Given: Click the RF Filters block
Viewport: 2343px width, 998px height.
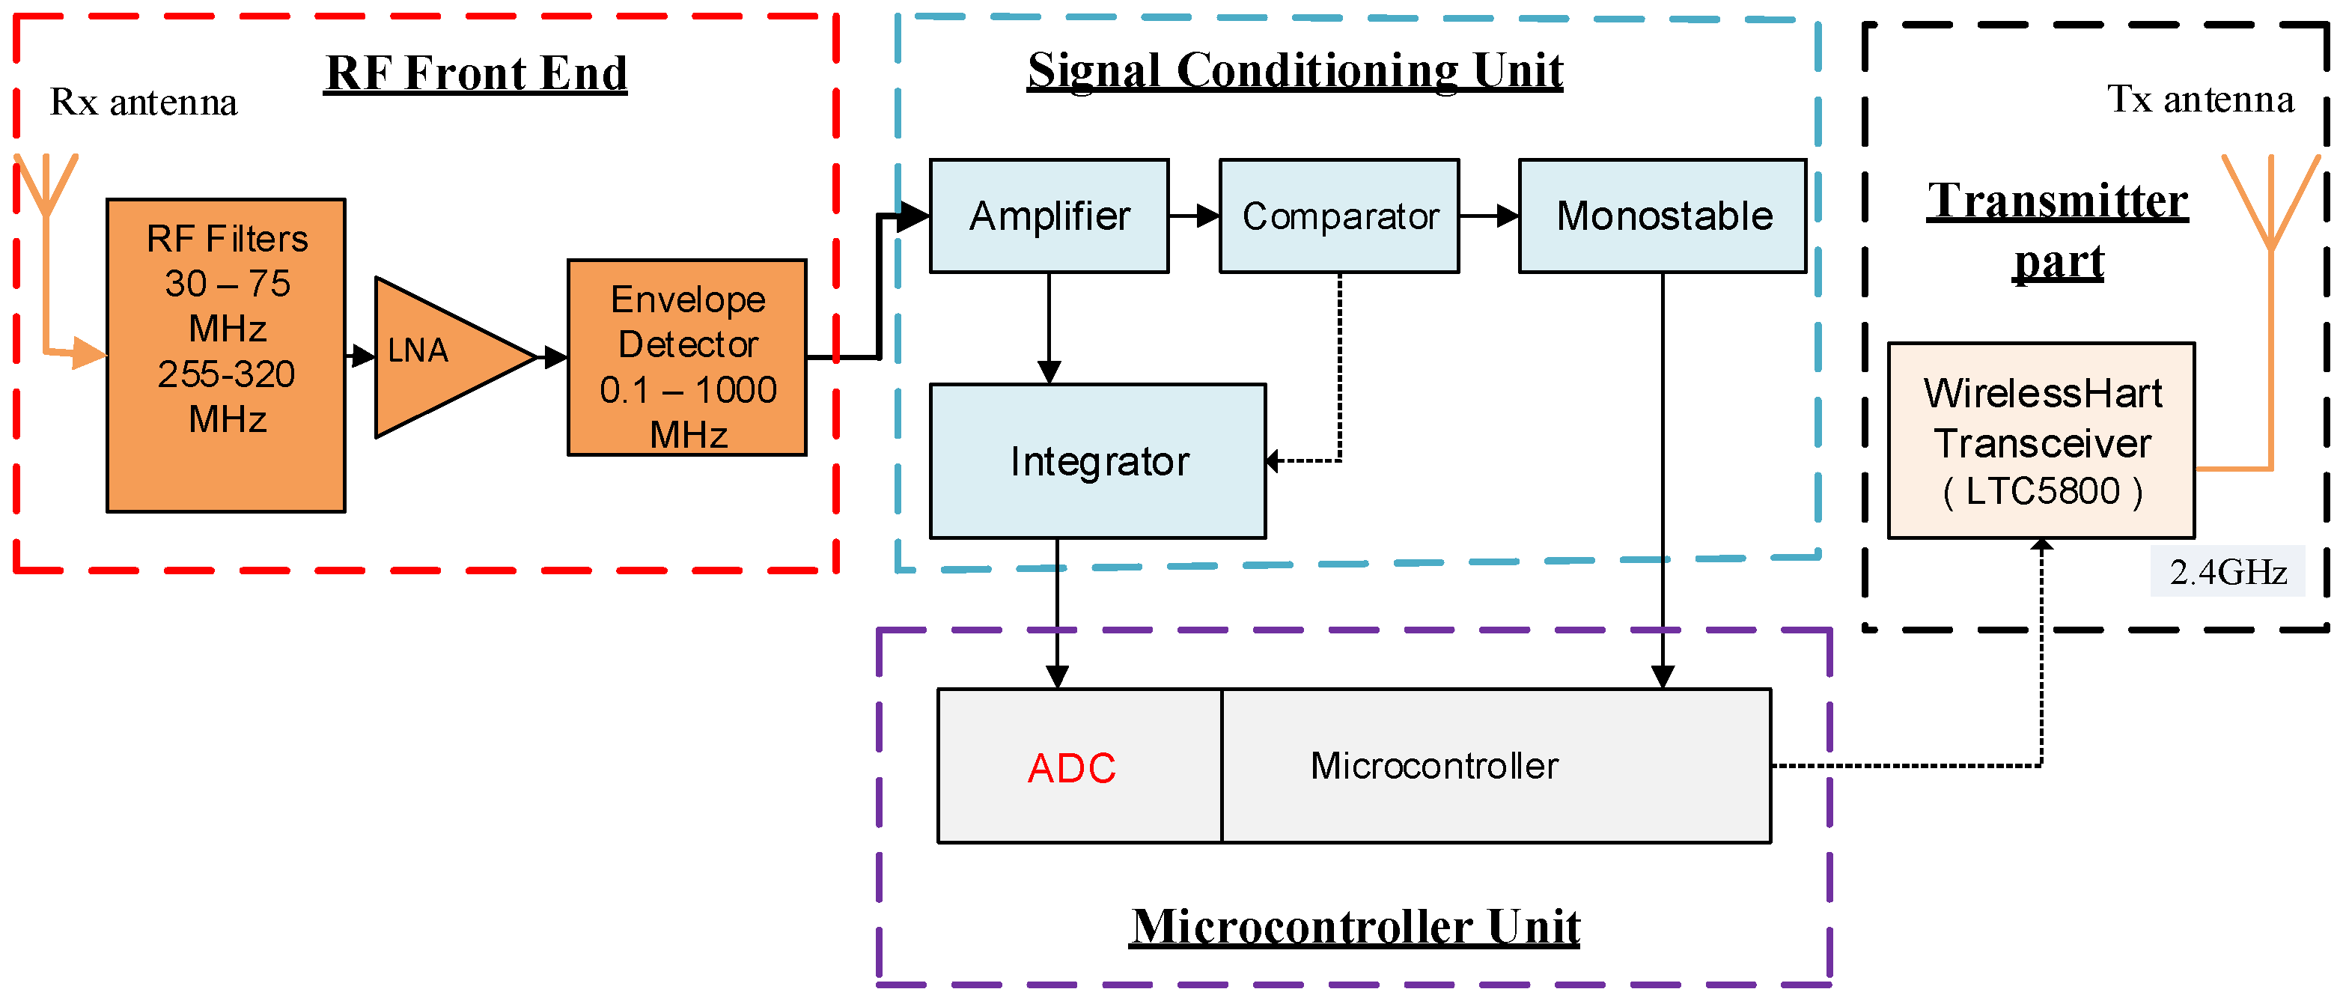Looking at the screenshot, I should (225, 355).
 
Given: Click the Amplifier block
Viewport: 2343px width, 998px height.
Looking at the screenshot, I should (1049, 216).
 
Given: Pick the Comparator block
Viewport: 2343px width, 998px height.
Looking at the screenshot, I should (1339, 216).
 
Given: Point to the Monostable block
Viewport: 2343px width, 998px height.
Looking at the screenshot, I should (1662, 216).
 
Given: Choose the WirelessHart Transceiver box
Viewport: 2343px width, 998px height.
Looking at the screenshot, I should (2041, 441).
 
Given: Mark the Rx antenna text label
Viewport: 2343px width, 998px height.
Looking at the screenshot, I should (143, 102).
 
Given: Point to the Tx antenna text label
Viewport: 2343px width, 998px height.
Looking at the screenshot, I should (2199, 98).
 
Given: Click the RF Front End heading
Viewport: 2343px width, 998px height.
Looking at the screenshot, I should (475, 73).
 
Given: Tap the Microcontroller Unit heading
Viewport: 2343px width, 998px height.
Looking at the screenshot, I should (1354, 926).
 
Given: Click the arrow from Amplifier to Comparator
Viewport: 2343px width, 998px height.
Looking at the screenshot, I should (1193, 216).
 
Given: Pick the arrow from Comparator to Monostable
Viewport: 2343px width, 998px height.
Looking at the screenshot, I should (1489, 216).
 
